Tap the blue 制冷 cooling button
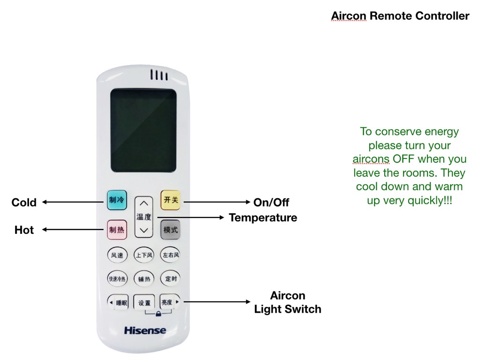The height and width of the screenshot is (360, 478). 117,200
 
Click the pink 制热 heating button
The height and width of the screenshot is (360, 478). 117,230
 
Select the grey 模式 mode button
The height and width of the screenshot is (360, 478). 171,230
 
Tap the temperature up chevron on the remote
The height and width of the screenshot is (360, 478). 144,203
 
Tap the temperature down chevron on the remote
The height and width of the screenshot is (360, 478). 144,230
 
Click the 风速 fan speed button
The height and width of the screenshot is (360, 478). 117,255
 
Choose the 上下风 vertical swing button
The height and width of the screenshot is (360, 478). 144,255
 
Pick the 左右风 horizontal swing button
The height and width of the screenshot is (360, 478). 171,255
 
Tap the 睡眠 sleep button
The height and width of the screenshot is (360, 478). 118,302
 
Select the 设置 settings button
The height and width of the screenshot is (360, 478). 144,303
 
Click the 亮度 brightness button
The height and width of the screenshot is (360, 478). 170,302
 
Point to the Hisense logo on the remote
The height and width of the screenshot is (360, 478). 145,330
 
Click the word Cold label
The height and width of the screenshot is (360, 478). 24,202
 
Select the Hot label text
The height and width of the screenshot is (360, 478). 24,230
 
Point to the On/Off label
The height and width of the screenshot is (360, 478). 271,202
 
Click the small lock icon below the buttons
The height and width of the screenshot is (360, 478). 158,314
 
